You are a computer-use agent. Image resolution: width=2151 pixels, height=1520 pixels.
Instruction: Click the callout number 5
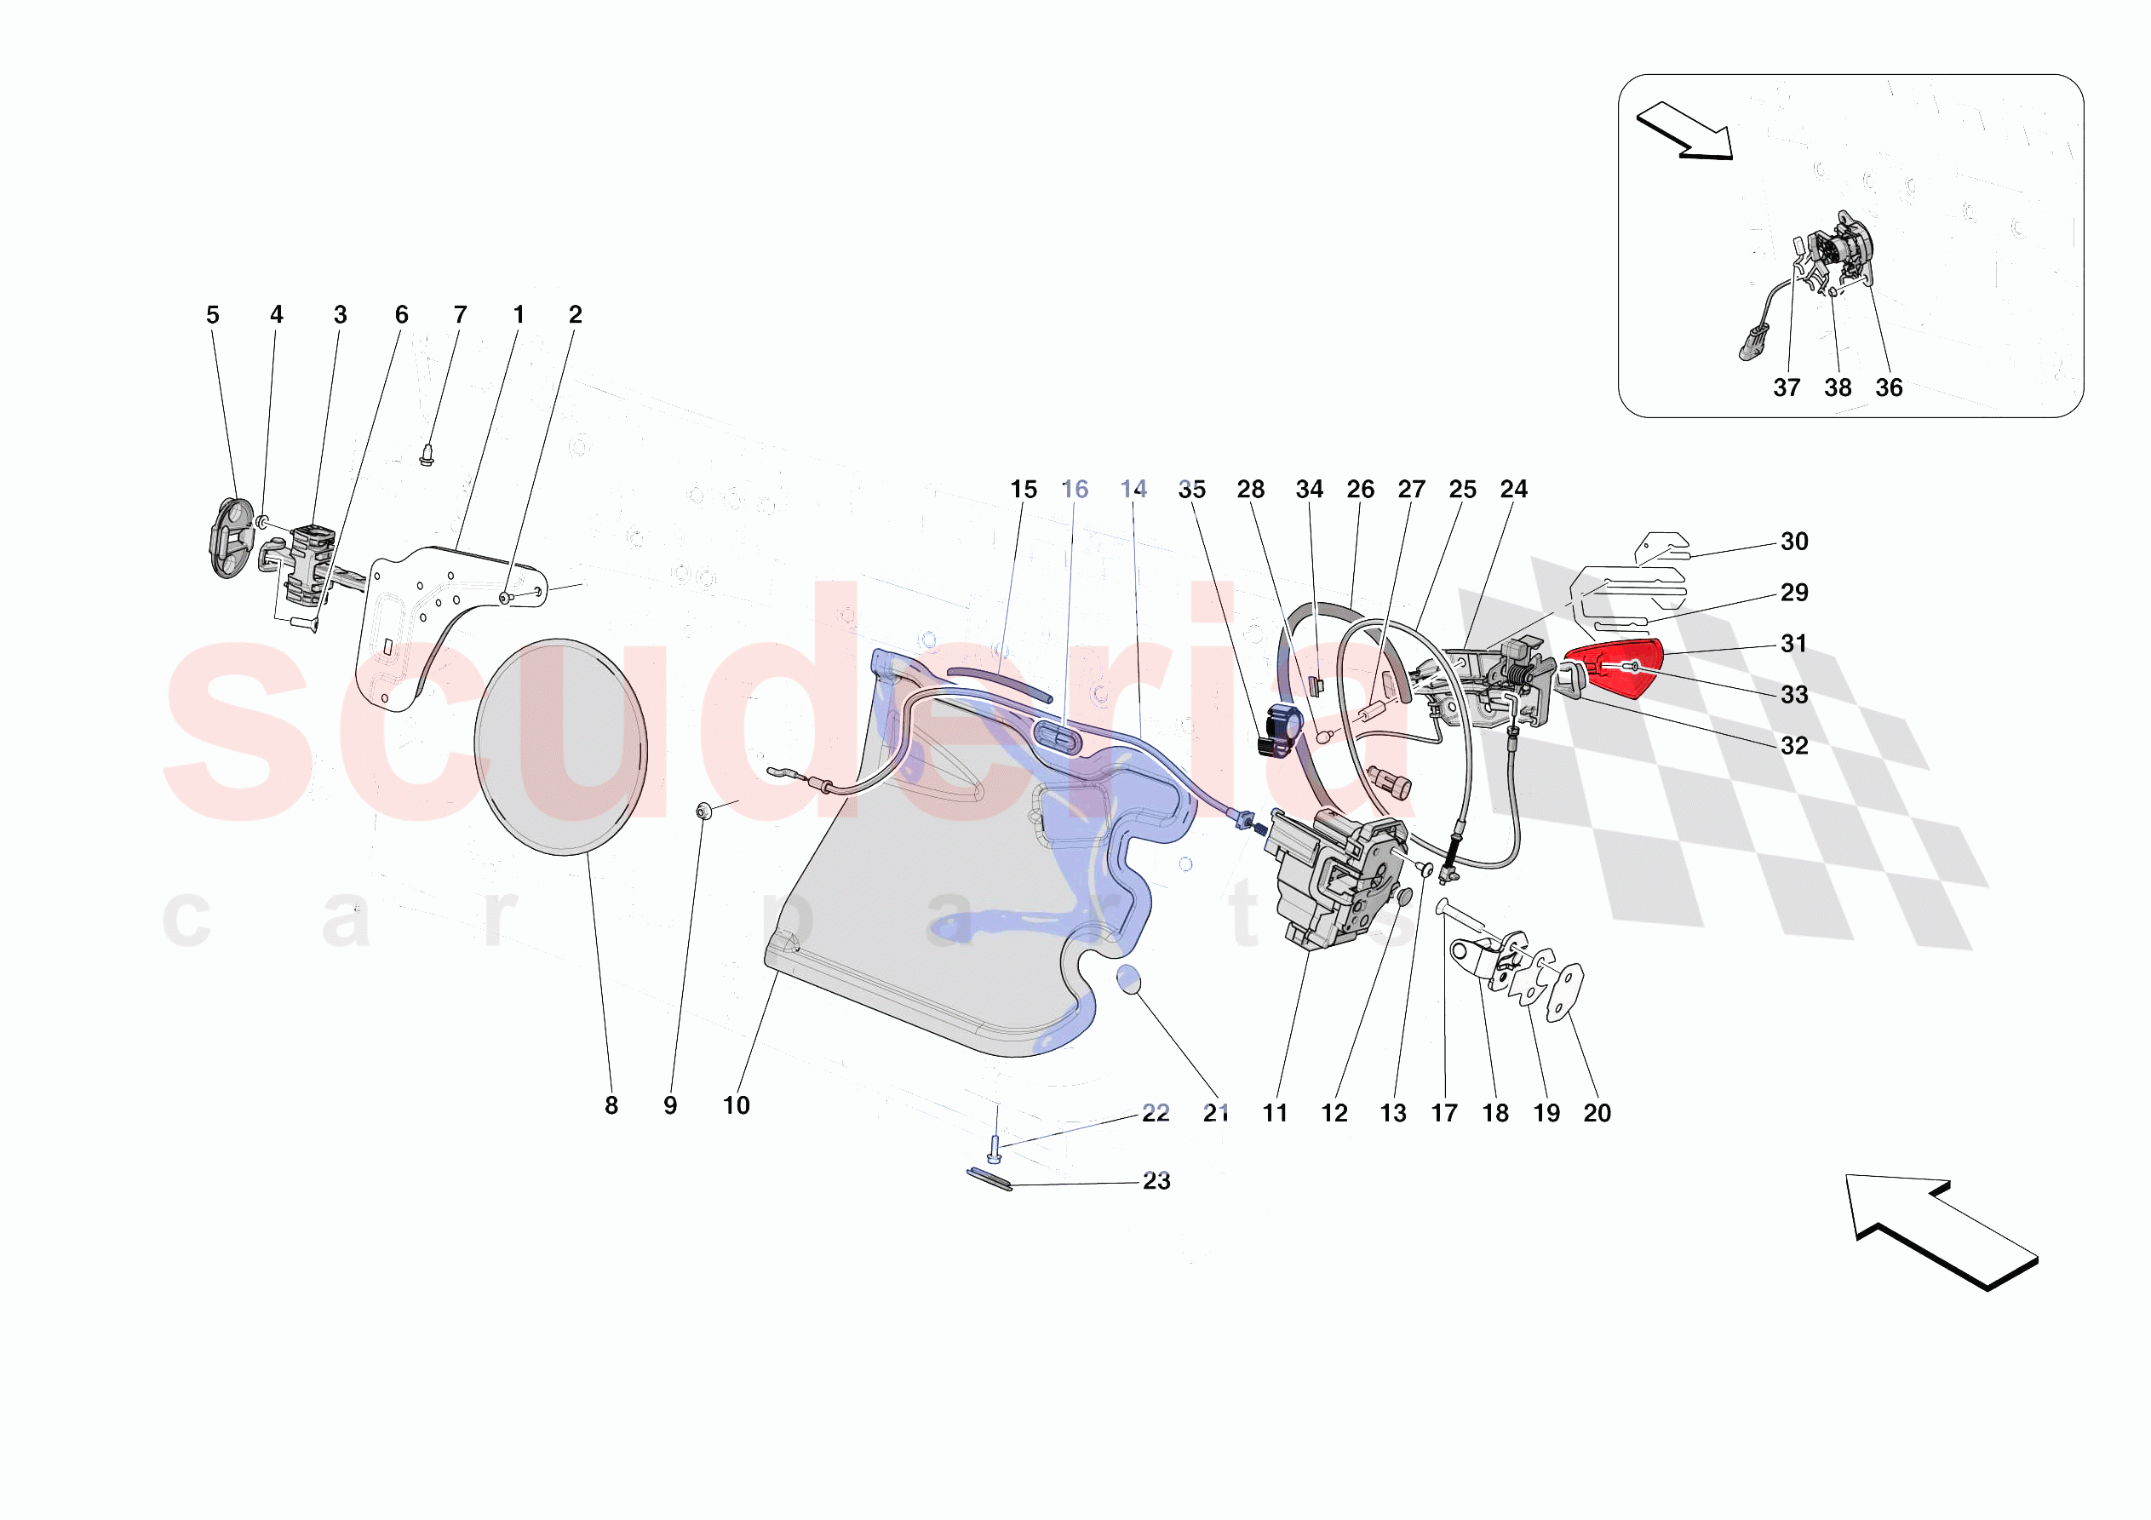click(213, 315)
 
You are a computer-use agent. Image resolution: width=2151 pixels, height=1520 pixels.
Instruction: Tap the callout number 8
click(611, 1106)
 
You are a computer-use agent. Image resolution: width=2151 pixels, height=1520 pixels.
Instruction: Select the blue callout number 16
click(1075, 489)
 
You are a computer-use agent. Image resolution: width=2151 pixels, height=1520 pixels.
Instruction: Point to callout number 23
click(1156, 1181)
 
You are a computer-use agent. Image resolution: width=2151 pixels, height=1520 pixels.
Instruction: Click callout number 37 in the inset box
click(1786, 388)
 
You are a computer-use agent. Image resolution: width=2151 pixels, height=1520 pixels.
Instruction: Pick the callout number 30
click(1793, 542)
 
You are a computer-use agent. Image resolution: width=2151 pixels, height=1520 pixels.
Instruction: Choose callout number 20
click(1597, 1113)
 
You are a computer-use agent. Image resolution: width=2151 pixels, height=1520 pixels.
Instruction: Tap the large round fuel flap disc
click(560, 747)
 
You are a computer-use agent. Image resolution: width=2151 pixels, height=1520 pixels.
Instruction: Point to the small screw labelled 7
click(427, 456)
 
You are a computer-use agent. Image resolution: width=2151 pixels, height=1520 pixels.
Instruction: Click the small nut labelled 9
click(704, 811)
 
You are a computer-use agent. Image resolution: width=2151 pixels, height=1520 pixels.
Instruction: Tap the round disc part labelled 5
click(230, 539)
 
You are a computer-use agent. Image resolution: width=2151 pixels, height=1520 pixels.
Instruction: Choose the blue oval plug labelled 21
click(1129, 980)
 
